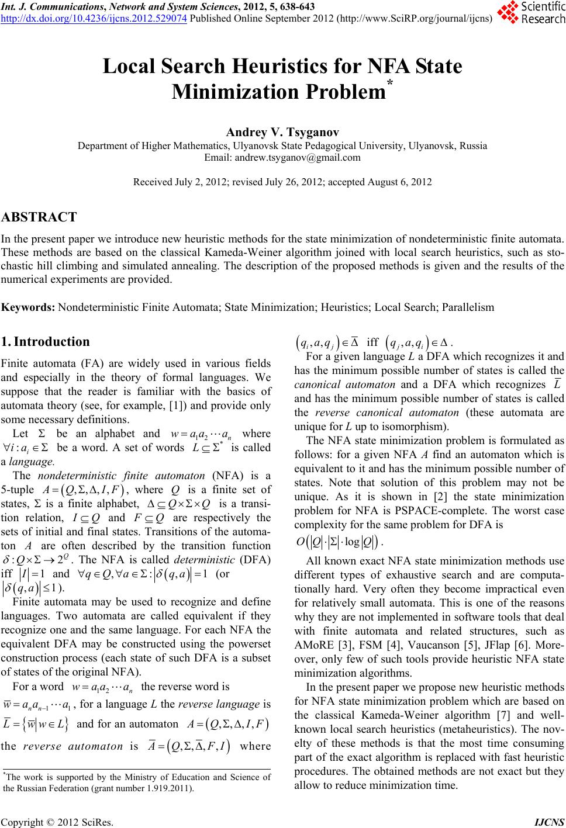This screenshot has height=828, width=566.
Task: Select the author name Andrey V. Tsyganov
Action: click(x=282, y=133)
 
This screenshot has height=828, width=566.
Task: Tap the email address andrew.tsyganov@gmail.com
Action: click(x=282, y=157)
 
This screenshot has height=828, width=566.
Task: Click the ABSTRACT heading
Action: click(x=39, y=217)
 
